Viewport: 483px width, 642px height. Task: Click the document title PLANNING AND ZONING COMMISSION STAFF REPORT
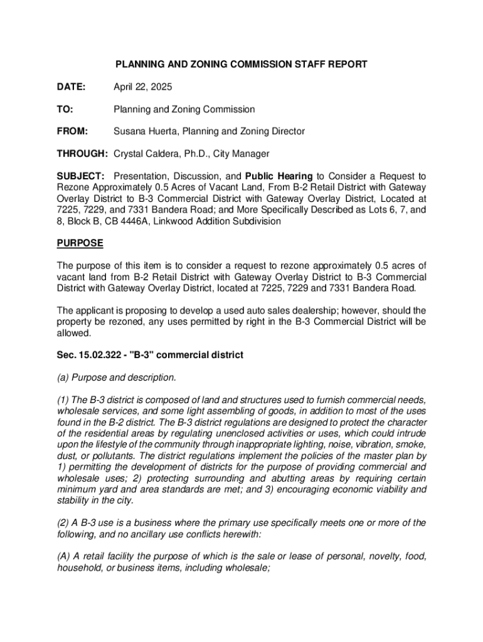240,64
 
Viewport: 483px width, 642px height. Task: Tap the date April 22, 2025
142,87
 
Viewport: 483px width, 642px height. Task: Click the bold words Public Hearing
279,176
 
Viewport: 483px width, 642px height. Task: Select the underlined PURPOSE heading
80,243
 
